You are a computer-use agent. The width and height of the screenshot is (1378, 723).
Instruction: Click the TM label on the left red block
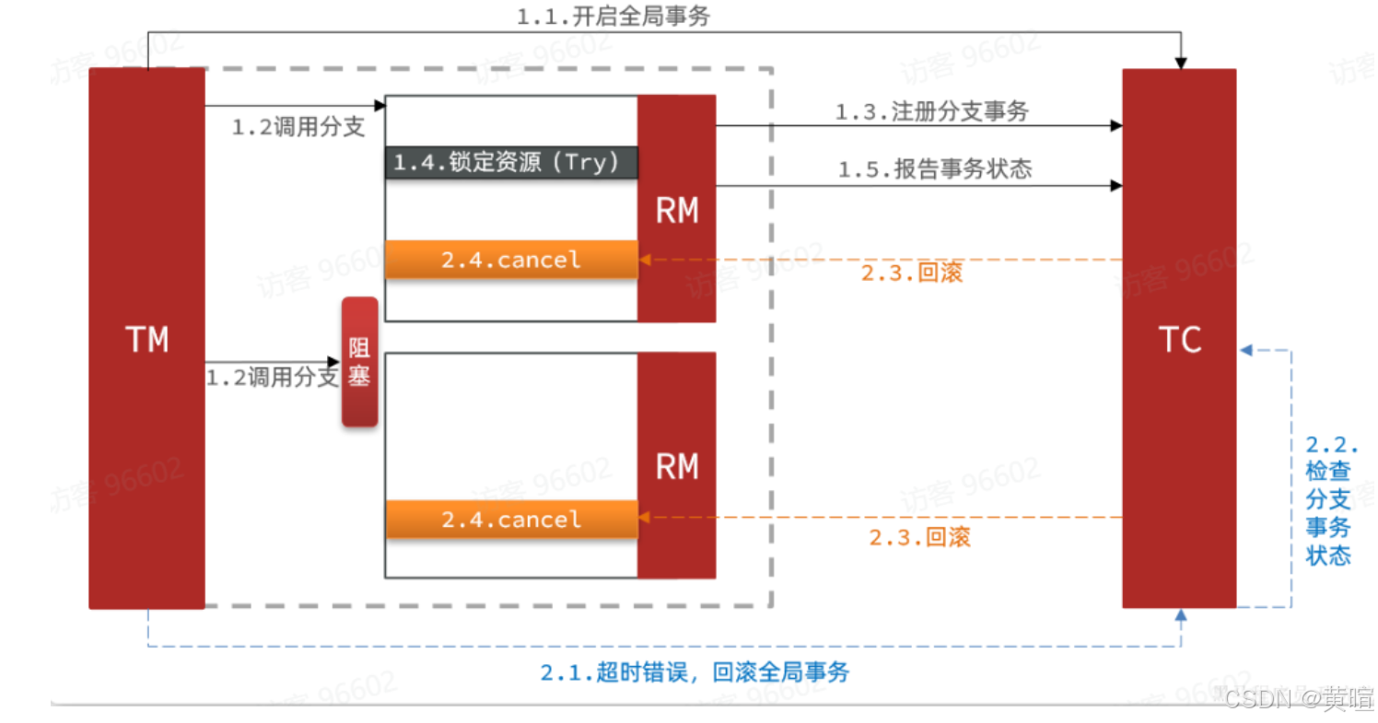pos(146,341)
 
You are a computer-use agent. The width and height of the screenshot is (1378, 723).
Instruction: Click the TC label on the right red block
pos(1179,341)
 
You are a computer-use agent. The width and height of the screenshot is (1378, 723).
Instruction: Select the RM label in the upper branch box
pos(676,212)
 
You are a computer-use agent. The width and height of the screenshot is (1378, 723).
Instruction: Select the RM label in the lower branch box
pos(676,467)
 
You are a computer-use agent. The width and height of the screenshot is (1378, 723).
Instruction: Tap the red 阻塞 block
pos(359,362)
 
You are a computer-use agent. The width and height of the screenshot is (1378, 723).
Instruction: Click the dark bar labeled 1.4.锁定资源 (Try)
pos(510,162)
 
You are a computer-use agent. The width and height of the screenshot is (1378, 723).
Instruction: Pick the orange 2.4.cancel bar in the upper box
pos(510,260)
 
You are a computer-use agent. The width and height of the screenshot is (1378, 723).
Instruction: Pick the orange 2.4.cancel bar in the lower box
pos(510,519)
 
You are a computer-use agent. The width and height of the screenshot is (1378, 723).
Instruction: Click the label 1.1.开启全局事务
pos(613,17)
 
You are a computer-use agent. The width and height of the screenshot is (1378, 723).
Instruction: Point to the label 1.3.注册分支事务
pos(931,111)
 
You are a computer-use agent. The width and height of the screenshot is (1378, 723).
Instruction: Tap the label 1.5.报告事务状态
pos(934,169)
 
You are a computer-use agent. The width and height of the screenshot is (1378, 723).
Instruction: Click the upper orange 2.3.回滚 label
pos(912,274)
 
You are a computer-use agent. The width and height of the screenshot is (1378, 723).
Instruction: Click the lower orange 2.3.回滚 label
pos(919,538)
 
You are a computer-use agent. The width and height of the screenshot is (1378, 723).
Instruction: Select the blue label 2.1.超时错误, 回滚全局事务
pos(695,673)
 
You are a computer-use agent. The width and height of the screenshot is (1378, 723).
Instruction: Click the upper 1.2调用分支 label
pos(298,128)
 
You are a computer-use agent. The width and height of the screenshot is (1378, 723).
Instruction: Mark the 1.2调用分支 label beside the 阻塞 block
pos(272,378)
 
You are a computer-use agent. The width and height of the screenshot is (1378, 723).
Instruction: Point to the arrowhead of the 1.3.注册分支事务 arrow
pos(1116,124)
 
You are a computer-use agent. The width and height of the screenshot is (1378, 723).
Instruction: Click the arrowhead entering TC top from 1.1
pos(1180,63)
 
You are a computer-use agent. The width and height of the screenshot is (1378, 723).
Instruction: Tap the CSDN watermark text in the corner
pos(1298,697)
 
